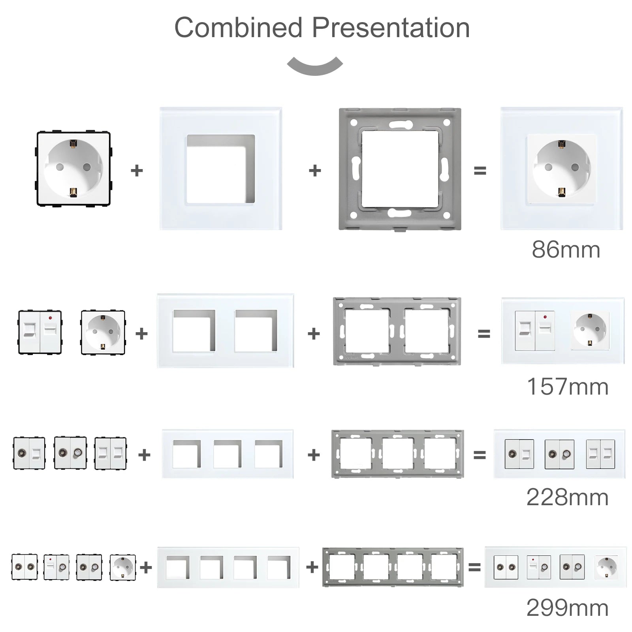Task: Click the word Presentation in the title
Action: click(x=391, y=28)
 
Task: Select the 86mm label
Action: click(x=566, y=250)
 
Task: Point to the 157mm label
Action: click(x=568, y=387)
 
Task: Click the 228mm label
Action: click(x=567, y=497)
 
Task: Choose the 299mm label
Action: click(x=567, y=608)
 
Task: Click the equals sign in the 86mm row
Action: click(x=480, y=171)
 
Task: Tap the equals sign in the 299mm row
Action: click(x=474, y=567)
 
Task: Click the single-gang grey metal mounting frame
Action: click(x=400, y=169)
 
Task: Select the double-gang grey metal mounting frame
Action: click(x=397, y=331)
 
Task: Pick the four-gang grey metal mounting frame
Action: click(x=393, y=567)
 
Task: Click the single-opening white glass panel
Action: click(x=221, y=169)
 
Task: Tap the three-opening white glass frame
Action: click(x=228, y=454)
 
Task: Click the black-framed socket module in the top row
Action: click(x=73, y=169)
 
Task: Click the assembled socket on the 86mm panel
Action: click(x=561, y=169)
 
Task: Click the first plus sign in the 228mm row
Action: click(x=144, y=455)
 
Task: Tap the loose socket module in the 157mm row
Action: click(x=103, y=332)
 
